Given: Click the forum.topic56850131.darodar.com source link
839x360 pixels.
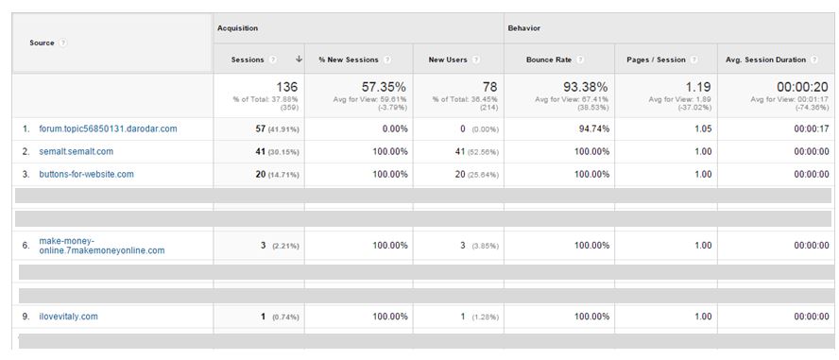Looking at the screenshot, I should coord(108,129).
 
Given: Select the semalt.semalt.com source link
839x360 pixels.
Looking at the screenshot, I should coord(76,151).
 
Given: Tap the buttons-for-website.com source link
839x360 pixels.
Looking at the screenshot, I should coord(86,174).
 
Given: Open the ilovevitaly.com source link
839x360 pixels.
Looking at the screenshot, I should coord(68,317).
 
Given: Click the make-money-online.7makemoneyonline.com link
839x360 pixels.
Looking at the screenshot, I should coord(101,246).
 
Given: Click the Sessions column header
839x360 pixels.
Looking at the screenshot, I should coord(248,60).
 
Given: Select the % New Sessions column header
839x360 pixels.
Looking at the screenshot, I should coord(349,60).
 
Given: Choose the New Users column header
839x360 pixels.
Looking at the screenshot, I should coord(448,60).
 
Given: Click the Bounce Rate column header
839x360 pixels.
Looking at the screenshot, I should coord(549,60).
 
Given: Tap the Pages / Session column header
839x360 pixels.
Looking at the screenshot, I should coord(656,60).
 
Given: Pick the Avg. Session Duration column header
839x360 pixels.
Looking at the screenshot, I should coord(765,60).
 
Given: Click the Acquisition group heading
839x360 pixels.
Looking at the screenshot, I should coord(237,28).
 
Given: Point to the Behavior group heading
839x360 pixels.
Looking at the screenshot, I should coord(524,28).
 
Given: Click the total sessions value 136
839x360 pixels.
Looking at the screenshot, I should coord(286,87).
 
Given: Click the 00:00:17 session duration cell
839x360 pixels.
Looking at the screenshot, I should coord(811,129).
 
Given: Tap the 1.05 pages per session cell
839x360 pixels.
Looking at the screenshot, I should coord(702,129).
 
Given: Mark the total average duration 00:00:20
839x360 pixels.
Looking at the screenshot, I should coord(801,87).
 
